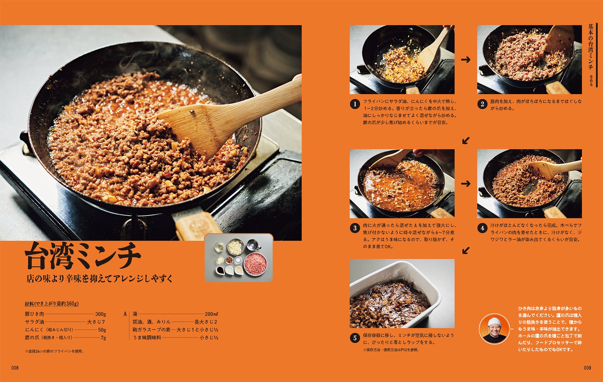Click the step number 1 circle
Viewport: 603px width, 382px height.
355,104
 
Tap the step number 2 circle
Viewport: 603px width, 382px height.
482,104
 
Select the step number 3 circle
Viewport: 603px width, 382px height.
355,228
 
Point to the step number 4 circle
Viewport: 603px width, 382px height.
482,228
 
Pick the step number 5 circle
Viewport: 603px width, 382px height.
355,338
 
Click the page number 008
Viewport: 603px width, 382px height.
15,368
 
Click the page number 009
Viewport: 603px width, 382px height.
587,368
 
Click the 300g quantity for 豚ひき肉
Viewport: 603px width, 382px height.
101,314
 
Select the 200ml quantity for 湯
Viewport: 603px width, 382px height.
212,314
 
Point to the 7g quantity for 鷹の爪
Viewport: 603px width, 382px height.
103,338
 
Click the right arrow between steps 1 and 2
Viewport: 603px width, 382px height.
466,59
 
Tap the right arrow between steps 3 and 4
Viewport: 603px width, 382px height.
466,184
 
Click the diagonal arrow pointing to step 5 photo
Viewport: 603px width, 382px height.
466,250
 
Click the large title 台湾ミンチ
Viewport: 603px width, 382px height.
83,255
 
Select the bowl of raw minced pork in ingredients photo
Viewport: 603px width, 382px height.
255,263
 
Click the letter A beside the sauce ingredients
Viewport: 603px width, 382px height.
125,314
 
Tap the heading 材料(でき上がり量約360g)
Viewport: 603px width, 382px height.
52,304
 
